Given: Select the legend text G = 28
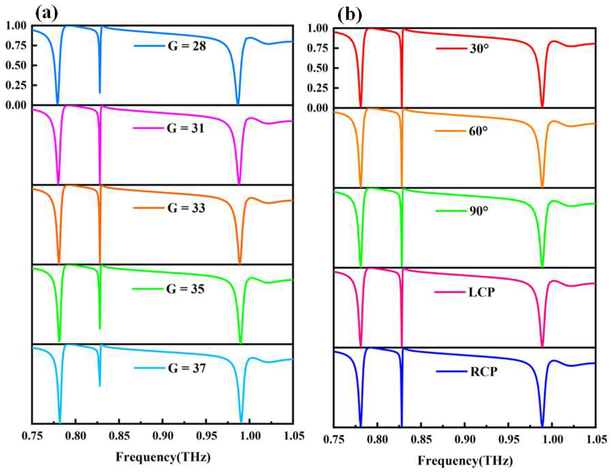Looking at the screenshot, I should [x=187, y=46].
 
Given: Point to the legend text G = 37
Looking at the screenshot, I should [x=187, y=368].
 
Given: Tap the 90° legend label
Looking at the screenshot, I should [x=479, y=211].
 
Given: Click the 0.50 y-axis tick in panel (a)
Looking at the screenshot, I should [x=16, y=65].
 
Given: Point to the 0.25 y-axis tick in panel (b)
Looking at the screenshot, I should [x=318, y=88].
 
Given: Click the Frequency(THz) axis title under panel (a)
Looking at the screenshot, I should [x=163, y=457].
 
